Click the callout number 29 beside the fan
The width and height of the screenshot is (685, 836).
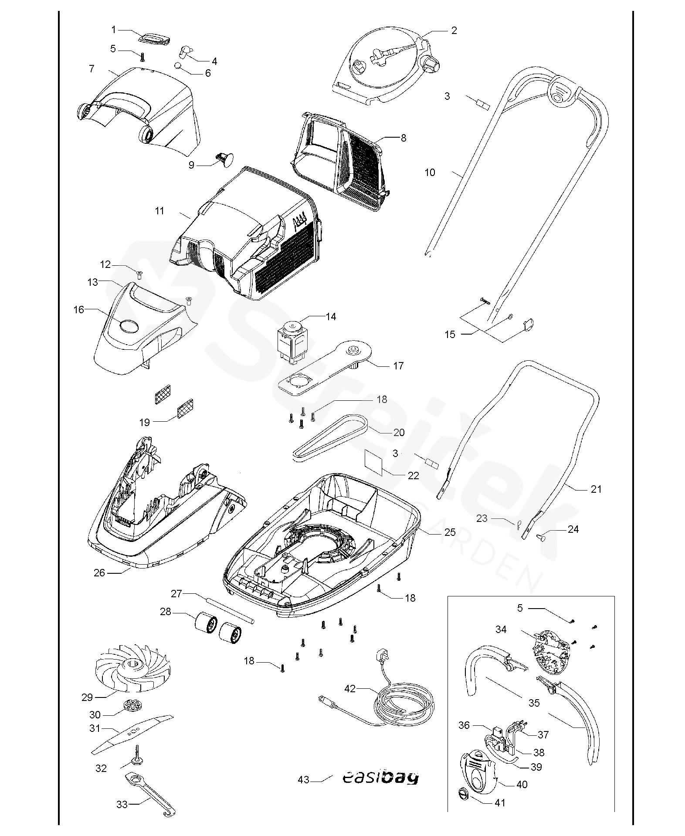point(87,697)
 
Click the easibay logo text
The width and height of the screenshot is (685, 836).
point(379,778)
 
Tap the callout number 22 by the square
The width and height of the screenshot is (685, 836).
point(413,475)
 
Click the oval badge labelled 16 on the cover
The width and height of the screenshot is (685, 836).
point(129,325)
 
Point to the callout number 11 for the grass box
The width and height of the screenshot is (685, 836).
point(159,211)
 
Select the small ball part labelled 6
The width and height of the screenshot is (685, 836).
point(179,66)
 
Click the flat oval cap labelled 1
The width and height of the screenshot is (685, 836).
point(153,38)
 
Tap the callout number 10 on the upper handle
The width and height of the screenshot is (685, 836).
point(430,173)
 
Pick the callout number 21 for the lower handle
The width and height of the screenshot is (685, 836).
point(596,489)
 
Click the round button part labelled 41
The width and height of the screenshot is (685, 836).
point(463,794)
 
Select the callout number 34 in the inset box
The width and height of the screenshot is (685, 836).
point(501,629)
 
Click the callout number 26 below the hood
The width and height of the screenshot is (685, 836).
point(99,573)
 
